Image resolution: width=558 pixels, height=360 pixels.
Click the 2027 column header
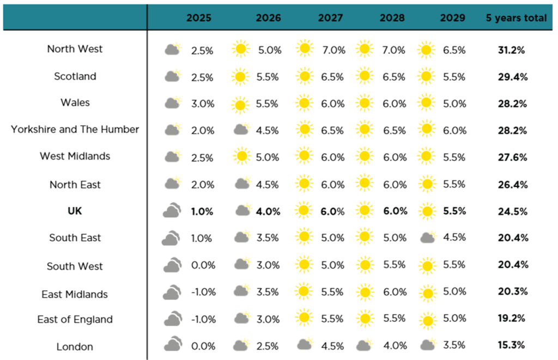(330, 18)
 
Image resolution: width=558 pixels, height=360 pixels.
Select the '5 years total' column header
(516, 18)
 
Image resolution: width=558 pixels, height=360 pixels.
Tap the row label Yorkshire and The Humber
(75, 129)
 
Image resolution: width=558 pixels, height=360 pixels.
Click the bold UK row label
(75, 211)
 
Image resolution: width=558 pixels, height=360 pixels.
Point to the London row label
(75, 346)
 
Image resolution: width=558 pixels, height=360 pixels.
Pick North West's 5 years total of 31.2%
(511, 50)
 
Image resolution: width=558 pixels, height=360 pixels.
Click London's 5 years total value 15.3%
(511, 345)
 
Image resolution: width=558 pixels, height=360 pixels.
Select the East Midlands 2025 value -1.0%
(204, 292)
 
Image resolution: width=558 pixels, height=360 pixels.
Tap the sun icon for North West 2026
(240, 48)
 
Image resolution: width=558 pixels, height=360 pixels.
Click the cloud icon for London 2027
(305, 344)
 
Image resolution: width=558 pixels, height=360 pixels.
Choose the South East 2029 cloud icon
(428, 236)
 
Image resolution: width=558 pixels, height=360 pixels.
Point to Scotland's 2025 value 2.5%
(202, 77)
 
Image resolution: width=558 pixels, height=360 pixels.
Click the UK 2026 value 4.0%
(268, 212)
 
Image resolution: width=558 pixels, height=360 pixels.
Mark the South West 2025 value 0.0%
(203, 265)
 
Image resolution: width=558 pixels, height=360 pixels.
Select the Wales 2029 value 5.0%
(454, 104)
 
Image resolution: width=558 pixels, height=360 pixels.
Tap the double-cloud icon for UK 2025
(172, 210)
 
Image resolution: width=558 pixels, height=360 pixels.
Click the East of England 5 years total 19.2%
(511, 318)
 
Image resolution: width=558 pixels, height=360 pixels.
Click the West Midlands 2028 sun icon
(365, 156)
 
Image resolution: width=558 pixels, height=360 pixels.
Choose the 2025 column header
(198, 18)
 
